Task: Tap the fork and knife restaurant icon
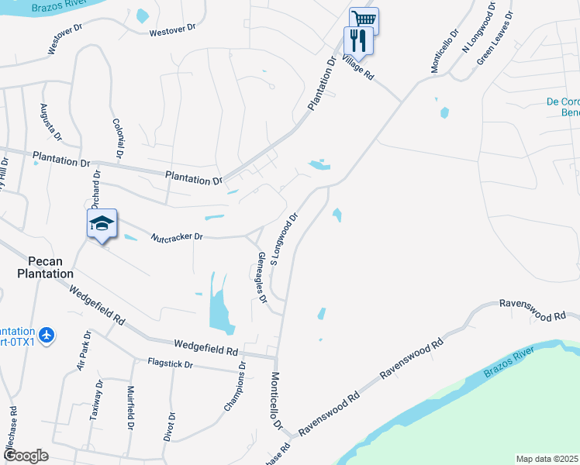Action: pos(358,39)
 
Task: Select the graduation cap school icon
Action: pos(101,224)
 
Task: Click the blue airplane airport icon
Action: pos(47,334)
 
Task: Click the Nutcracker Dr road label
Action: pos(176,237)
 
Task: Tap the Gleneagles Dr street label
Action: pos(262,277)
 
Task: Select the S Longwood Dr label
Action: pos(284,239)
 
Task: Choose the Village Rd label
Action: pos(358,67)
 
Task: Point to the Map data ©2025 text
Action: pos(547,459)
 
